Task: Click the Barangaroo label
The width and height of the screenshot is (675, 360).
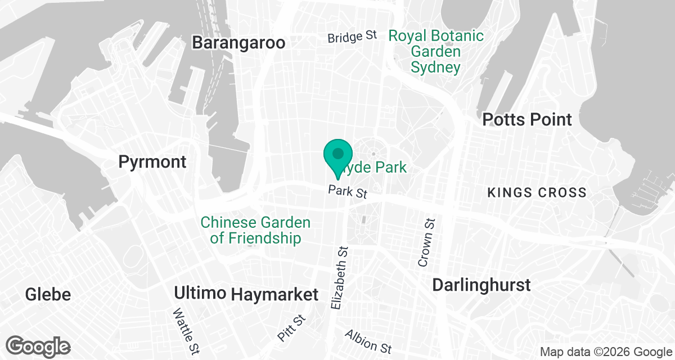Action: click(x=238, y=43)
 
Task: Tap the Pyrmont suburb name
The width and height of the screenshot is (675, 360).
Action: click(x=152, y=162)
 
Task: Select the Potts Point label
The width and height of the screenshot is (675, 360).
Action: click(x=527, y=119)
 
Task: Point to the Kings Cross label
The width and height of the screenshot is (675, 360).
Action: click(x=537, y=192)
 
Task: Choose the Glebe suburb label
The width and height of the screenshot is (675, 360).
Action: click(x=48, y=294)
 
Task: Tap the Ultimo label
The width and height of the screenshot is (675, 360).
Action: click(x=200, y=293)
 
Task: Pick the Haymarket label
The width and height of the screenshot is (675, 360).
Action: click(x=274, y=294)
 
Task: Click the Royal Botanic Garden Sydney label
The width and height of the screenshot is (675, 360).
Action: click(x=436, y=52)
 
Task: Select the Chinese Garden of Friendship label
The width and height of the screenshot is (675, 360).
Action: click(x=255, y=230)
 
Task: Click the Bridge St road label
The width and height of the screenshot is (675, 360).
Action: click(x=353, y=37)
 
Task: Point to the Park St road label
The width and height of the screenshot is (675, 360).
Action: click(x=348, y=191)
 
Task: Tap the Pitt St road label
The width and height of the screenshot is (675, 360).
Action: click(x=291, y=328)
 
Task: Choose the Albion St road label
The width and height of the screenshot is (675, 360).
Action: click(x=368, y=341)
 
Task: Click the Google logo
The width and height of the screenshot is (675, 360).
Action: click(x=39, y=345)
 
